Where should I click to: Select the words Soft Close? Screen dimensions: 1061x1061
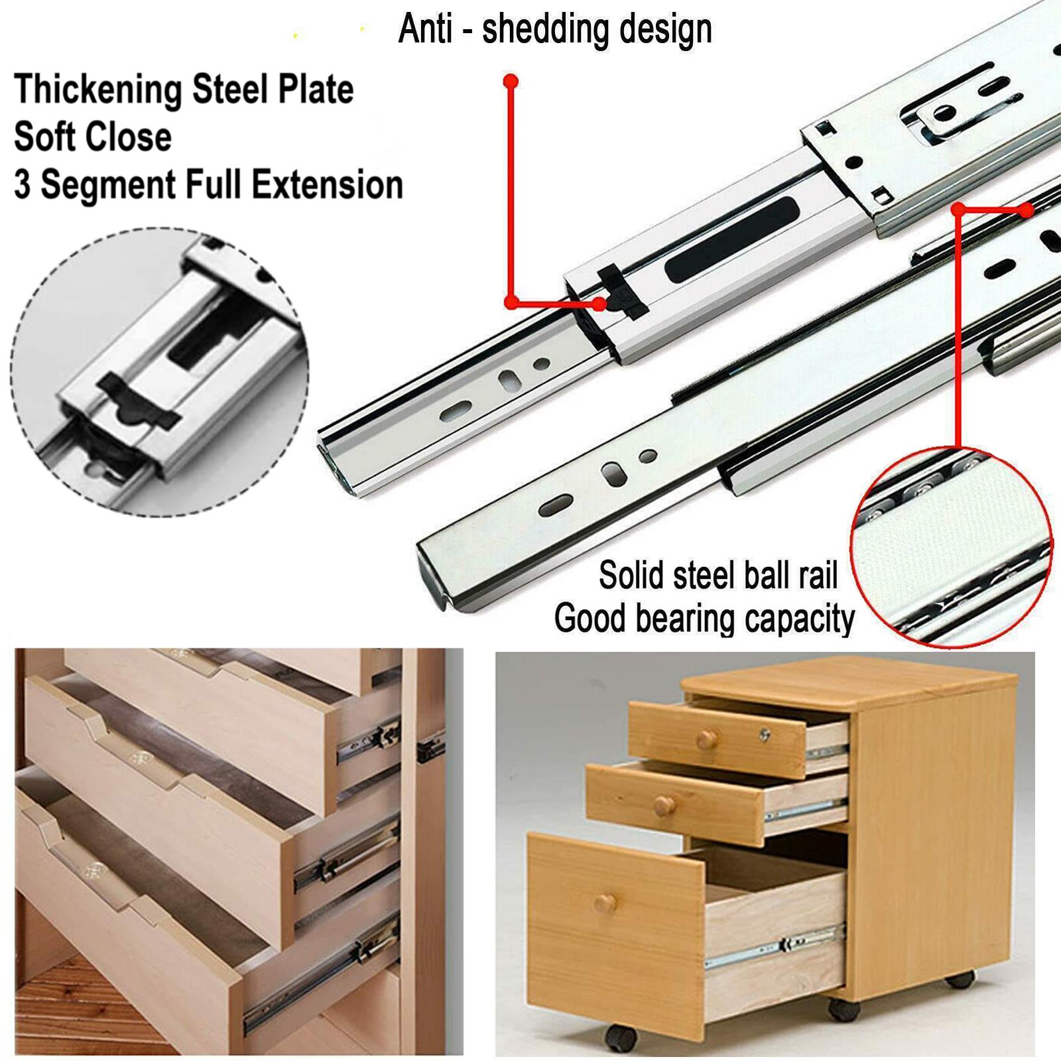[93, 137]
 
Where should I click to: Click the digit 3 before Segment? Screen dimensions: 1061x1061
[23, 185]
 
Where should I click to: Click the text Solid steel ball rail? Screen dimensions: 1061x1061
[718, 575]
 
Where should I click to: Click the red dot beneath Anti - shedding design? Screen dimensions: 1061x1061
[511, 82]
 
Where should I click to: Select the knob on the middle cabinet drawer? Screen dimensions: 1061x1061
[661, 806]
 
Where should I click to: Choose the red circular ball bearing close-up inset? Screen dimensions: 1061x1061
[954, 546]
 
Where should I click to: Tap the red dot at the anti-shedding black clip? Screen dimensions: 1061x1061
[599, 304]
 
